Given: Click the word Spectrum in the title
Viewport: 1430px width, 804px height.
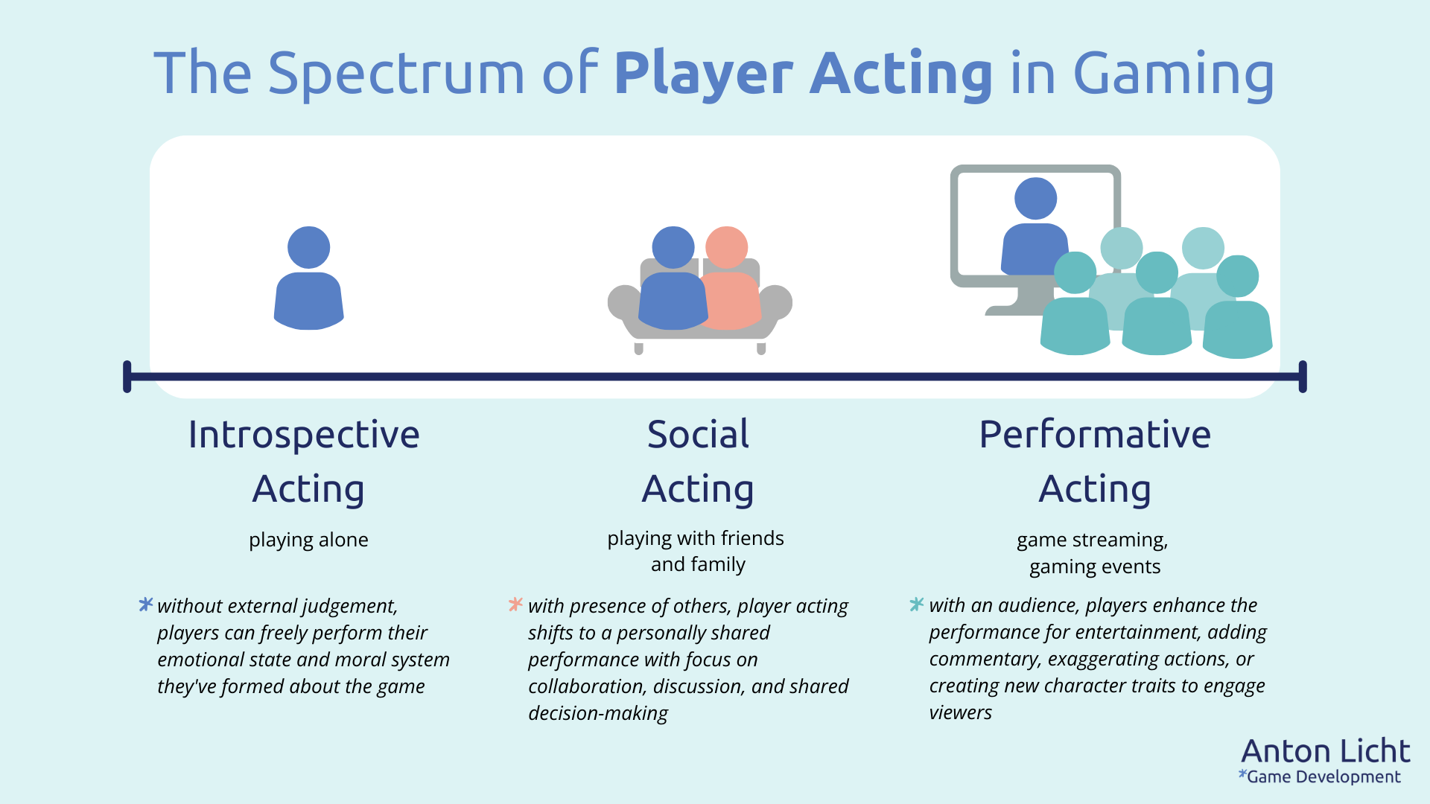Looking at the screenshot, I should (x=395, y=74).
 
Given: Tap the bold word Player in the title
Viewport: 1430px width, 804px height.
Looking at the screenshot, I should (x=703, y=74).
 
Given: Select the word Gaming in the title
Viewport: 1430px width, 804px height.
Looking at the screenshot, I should (x=1173, y=74).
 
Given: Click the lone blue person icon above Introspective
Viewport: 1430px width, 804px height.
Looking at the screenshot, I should (x=308, y=279).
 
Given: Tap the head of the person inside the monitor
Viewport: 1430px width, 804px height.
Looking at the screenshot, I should (x=1035, y=199).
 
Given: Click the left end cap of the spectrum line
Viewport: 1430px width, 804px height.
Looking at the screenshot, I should (x=127, y=377).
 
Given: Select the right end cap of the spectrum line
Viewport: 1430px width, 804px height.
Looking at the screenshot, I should (x=1303, y=377).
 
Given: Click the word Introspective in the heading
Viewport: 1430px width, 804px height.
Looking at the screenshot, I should (x=304, y=435).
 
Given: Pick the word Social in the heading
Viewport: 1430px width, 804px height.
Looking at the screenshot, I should (x=698, y=435).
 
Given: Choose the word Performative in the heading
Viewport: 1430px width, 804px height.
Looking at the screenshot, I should (x=1095, y=435).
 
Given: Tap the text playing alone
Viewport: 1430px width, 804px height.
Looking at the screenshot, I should (x=308, y=540).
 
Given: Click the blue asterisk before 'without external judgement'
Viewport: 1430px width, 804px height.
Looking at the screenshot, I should (x=146, y=604).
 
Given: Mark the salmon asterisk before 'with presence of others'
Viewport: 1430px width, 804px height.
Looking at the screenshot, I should (x=515, y=604).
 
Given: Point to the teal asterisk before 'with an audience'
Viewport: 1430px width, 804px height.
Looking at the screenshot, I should (x=917, y=604).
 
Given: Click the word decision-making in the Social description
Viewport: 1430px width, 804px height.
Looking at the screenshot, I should (x=598, y=713).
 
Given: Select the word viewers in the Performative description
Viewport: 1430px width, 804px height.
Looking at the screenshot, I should (x=960, y=712).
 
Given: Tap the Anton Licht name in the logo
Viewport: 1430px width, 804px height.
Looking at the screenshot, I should (x=1326, y=751).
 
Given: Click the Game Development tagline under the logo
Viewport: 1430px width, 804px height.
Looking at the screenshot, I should (x=1323, y=777).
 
